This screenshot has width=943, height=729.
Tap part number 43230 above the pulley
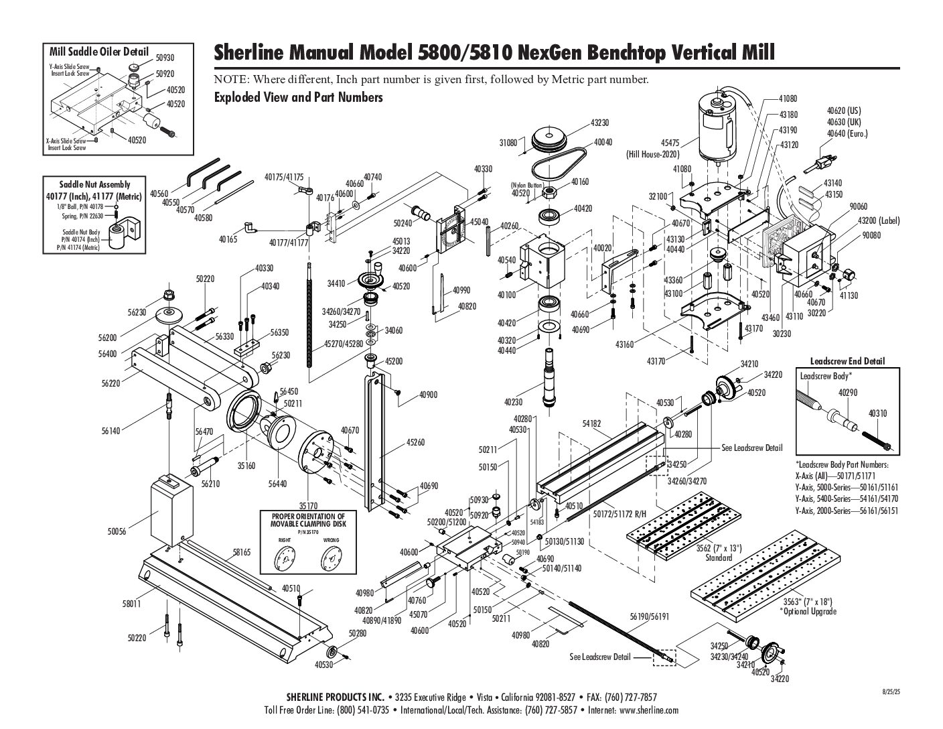[x=599, y=123]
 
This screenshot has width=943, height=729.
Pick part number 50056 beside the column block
[x=117, y=531]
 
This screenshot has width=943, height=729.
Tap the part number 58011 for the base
[x=132, y=604]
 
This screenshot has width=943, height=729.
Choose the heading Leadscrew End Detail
[x=847, y=361]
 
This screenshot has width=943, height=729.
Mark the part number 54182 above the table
[x=591, y=423]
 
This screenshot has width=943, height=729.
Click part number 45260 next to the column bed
[x=416, y=443]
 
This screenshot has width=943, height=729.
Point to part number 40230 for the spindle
[x=514, y=402]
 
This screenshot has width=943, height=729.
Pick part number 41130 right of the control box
[x=849, y=295]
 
